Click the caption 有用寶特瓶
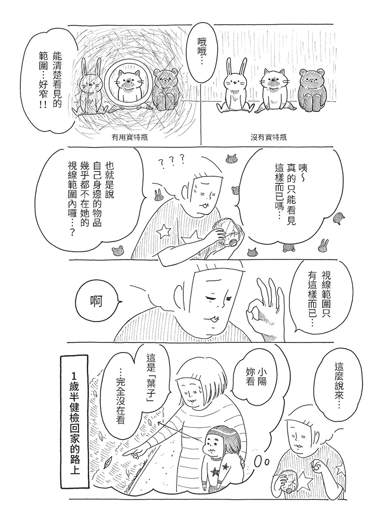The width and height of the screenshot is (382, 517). point(130,137)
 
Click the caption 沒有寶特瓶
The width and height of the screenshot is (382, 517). point(269,137)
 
